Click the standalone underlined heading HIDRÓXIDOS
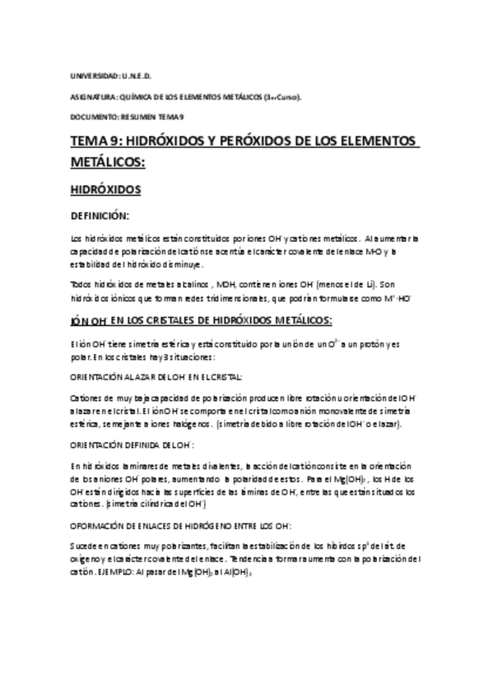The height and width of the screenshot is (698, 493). [x=106, y=189]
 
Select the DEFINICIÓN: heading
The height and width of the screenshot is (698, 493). [x=100, y=216]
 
